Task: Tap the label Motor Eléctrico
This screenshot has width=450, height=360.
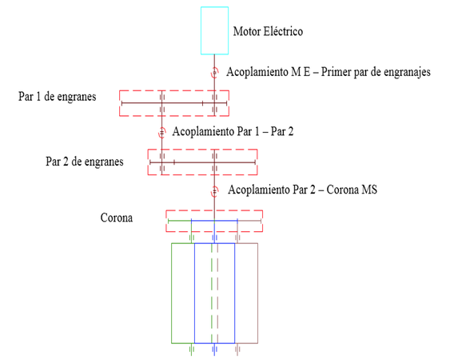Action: pyautogui.click(x=268, y=31)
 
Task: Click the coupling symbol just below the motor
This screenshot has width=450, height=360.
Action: pyautogui.click(x=214, y=73)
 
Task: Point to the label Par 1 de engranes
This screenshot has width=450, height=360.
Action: pyautogui.click(x=57, y=97)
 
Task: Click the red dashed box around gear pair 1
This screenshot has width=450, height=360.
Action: pyautogui.click(x=119, y=103)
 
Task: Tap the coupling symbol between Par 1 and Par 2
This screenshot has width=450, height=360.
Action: pyautogui.click(x=162, y=133)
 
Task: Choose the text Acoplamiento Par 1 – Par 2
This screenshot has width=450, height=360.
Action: pyautogui.click(x=233, y=131)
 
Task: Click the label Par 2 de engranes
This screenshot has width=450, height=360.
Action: pyautogui.click(x=85, y=162)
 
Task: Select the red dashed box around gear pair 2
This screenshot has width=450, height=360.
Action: pyautogui.click(x=148, y=162)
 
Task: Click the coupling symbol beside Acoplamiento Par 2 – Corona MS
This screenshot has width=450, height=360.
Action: pyautogui.click(x=214, y=191)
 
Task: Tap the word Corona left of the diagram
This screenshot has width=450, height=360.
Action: pyautogui.click(x=117, y=218)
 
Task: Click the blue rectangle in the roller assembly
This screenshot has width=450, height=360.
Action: pyautogui.click(x=194, y=293)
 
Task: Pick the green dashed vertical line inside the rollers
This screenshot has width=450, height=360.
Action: pyautogui.click(x=212, y=293)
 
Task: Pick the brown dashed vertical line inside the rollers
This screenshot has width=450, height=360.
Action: pyautogui.click(x=217, y=293)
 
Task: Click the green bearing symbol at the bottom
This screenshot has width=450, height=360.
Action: pyautogui.click(x=191, y=350)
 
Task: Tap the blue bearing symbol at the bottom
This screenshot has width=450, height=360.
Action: pyautogui.click(x=214, y=350)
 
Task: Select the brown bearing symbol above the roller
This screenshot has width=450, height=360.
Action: pyautogui.click(x=237, y=238)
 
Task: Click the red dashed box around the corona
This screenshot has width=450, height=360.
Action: pyautogui.click(x=166, y=221)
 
